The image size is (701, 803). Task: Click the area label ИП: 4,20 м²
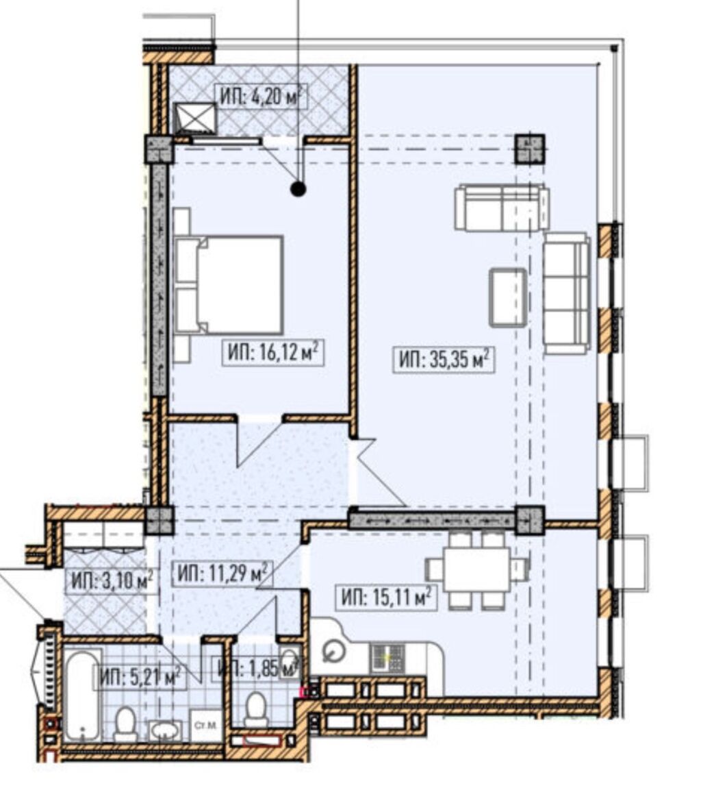[x=260, y=97]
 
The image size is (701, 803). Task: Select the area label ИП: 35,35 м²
[x=444, y=360]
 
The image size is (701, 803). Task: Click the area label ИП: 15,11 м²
[x=386, y=597]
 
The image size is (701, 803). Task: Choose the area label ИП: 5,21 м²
[x=140, y=678]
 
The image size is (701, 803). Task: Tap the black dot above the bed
[x=298, y=190]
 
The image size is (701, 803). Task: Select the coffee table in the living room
[x=508, y=297]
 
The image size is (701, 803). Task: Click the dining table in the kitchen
[x=476, y=569]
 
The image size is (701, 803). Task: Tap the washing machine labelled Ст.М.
[x=205, y=726]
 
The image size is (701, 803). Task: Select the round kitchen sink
[x=333, y=652]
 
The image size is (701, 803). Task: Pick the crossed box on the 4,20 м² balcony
[x=196, y=119]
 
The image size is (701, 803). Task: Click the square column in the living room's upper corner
[x=530, y=149]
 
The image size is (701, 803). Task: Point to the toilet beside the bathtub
[x=125, y=724]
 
